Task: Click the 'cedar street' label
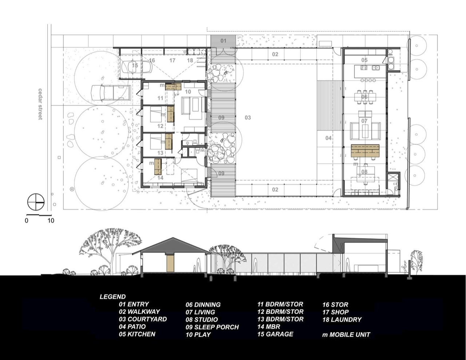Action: pos(40,104)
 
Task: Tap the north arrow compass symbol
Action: pos(36,202)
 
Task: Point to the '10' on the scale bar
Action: pos(51,220)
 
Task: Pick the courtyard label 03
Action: pos(248,118)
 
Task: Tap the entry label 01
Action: pos(224,41)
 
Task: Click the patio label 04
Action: pos(328,138)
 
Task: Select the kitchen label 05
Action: pos(364,60)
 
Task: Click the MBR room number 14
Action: pos(160,178)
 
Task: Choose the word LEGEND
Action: pos(112,297)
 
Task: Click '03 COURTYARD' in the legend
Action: pos(143,319)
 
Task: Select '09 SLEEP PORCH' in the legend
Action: pos(212,327)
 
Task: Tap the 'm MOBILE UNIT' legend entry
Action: pos(346,334)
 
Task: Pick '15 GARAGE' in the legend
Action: pos(275,334)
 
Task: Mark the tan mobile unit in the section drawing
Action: pos(170,263)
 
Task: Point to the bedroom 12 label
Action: pos(160,126)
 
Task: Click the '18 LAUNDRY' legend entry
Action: pos(342,320)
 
